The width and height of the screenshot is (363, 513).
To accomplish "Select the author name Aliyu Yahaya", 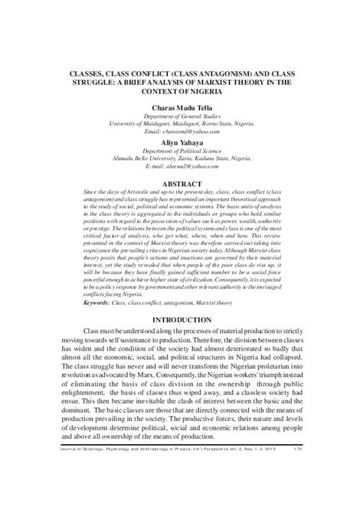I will [181, 143].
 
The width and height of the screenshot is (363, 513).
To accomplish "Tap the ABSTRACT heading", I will [181, 186].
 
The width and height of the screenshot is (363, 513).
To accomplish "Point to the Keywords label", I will [103, 324].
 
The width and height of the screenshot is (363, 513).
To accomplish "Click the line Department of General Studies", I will [181, 116].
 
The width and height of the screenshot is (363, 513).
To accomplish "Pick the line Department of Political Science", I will [181, 152].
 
